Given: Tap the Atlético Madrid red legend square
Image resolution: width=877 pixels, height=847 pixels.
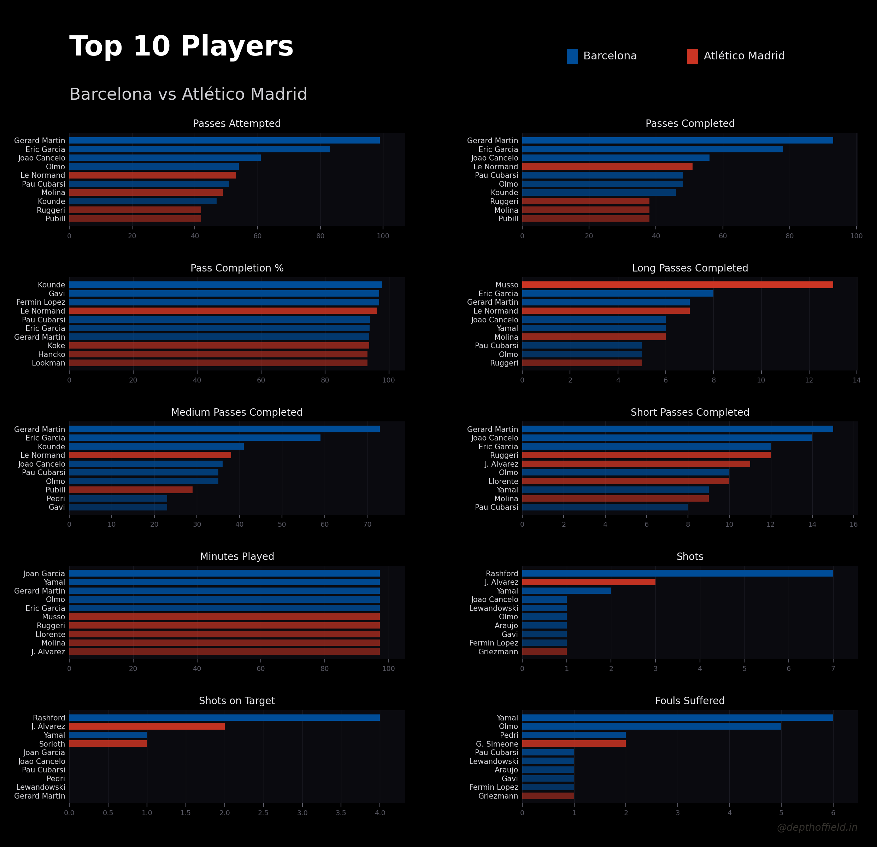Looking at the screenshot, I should click(x=692, y=57).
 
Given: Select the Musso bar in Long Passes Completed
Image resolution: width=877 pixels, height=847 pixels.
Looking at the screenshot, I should click(x=677, y=285).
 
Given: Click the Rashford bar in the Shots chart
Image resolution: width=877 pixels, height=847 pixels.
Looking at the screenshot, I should click(x=677, y=573).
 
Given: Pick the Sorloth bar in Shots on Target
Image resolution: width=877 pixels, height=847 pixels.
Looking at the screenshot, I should click(x=108, y=743).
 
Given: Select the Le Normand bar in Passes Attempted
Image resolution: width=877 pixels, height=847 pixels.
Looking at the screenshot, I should click(x=152, y=175).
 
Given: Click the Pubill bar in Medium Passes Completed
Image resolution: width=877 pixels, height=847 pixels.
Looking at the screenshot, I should click(x=131, y=490).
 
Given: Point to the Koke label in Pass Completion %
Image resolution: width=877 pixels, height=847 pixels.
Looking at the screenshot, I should click(x=57, y=346).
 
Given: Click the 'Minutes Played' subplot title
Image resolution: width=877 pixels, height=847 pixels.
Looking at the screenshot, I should click(x=237, y=556).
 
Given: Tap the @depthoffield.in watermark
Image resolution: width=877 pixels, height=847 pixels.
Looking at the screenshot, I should click(x=817, y=827).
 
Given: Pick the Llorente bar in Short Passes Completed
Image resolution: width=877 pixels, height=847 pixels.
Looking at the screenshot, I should click(x=625, y=481).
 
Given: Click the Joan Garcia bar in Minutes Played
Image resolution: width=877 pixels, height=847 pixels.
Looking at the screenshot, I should click(x=224, y=573).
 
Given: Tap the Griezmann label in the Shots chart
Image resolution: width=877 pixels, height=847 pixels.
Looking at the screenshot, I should click(x=498, y=652).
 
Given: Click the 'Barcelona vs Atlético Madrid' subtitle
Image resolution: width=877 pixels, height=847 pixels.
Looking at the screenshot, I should click(x=188, y=94).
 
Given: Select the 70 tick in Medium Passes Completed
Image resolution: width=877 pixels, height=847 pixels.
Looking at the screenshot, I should click(x=367, y=524).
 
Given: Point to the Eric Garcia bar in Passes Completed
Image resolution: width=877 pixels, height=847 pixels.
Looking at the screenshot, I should click(x=652, y=149).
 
